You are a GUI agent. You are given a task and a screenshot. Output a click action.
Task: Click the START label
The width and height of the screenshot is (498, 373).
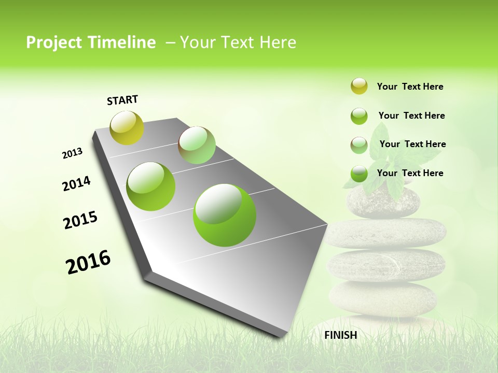pyautogui.click(x=122, y=100)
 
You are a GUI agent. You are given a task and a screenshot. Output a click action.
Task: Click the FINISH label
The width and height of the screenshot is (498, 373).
pyautogui.click(x=340, y=335)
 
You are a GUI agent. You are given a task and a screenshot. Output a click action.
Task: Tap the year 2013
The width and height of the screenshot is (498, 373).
pyautogui.click(x=72, y=153)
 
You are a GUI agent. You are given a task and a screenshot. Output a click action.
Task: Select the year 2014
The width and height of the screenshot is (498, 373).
pyautogui.click(x=76, y=183)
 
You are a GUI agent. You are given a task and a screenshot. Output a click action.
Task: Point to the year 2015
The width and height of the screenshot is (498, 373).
pyautogui.click(x=80, y=220)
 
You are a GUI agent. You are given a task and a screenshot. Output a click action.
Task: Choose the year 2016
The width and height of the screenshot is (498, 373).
pyautogui.click(x=88, y=262)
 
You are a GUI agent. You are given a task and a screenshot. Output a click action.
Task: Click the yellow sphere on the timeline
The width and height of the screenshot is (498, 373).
pyautogui.click(x=127, y=127)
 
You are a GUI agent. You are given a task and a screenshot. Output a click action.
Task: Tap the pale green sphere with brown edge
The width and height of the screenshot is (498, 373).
pyautogui.click(x=197, y=145)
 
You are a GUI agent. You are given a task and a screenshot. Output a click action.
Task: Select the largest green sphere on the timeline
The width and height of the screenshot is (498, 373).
pyautogui.click(x=225, y=214)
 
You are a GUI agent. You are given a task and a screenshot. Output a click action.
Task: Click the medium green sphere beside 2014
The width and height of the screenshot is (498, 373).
pyautogui.click(x=151, y=186)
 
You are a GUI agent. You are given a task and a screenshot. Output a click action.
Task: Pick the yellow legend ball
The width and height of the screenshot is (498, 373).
pyautogui.click(x=359, y=86)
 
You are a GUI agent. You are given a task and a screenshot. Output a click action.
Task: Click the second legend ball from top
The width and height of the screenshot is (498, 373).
pyautogui.click(x=359, y=116)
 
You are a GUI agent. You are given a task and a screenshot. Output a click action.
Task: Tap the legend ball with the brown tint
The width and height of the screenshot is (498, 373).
pyautogui.click(x=359, y=145)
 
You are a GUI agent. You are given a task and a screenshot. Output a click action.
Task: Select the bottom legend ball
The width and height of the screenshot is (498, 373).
pyautogui.click(x=359, y=174)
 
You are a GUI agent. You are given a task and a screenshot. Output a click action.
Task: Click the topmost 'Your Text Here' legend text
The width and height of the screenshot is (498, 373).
pyautogui.click(x=410, y=87)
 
